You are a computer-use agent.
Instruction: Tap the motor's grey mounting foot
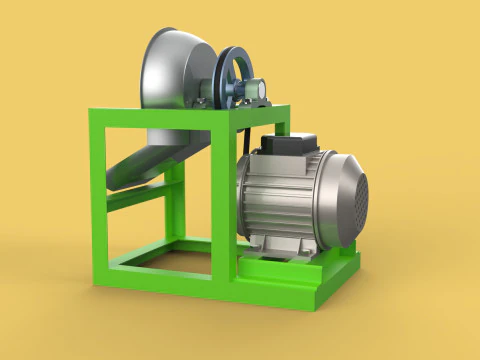point(270,244)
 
